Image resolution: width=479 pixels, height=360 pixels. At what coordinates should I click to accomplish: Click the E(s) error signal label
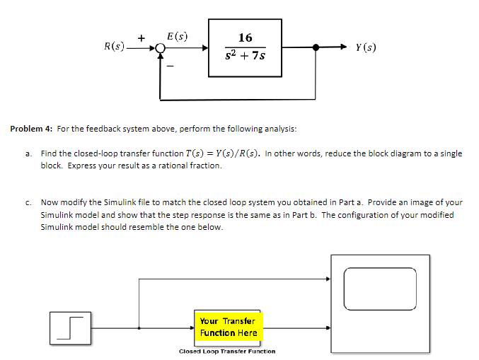click(177, 35)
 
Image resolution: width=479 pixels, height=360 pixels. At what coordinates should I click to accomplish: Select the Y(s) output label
click(366, 47)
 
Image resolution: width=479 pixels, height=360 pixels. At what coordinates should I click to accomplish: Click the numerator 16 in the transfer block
click(246, 37)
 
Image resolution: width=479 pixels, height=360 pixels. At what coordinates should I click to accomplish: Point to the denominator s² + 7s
click(246, 56)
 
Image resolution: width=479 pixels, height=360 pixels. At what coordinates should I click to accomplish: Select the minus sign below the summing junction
click(170, 66)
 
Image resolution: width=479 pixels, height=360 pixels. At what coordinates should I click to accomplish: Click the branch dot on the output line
click(325, 47)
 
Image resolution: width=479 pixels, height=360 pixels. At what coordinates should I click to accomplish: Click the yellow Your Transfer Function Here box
click(227, 327)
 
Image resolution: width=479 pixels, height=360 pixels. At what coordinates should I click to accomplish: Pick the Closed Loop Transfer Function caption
click(227, 351)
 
